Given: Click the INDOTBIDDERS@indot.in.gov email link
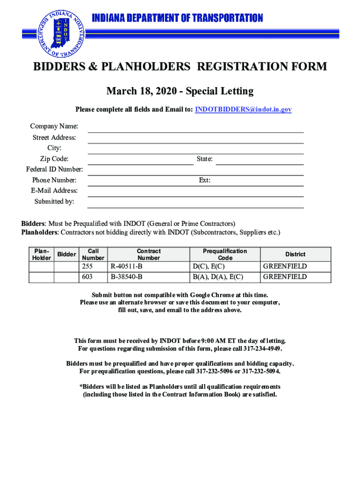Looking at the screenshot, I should pyautogui.click(x=243, y=109).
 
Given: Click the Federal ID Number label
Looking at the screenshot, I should pyautogui.click(x=54, y=169).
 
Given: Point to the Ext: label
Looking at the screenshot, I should pyautogui.click(x=204, y=180).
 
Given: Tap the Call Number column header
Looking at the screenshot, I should pyautogui.click(x=93, y=254).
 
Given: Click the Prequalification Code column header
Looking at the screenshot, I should pyautogui.click(x=225, y=254).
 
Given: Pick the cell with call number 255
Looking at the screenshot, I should pyautogui.click(x=93, y=267).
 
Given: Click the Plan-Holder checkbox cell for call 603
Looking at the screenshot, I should pyautogui.click(x=41, y=277).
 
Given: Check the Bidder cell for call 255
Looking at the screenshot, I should pyautogui.click(x=66, y=267).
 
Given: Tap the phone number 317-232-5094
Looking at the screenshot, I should pyautogui.click(x=261, y=372).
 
